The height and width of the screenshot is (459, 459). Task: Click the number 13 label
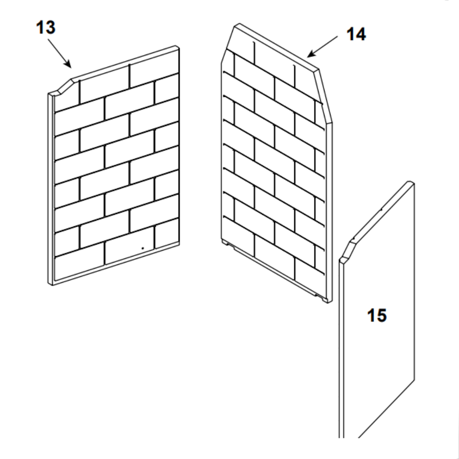pyautogui.click(x=45, y=28)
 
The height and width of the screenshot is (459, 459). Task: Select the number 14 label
pyautogui.click(x=356, y=34)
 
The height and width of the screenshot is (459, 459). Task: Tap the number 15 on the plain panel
pyautogui.click(x=377, y=316)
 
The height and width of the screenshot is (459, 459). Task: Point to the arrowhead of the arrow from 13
pyautogui.click(x=68, y=63)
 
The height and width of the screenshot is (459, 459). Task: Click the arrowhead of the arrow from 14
pyautogui.click(x=311, y=54)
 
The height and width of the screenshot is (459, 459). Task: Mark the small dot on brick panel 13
pyautogui.click(x=143, y=248)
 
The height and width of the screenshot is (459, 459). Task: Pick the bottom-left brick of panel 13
pyautogui.click(x=79, y=267)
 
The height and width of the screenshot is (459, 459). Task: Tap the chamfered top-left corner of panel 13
pyautogui.click(x=65, y=86)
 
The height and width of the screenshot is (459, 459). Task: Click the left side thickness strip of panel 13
pyautogui.click(x=50, y=189)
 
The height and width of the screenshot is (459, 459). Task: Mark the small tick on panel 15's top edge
pyautogui.click(x=381, y=209)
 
